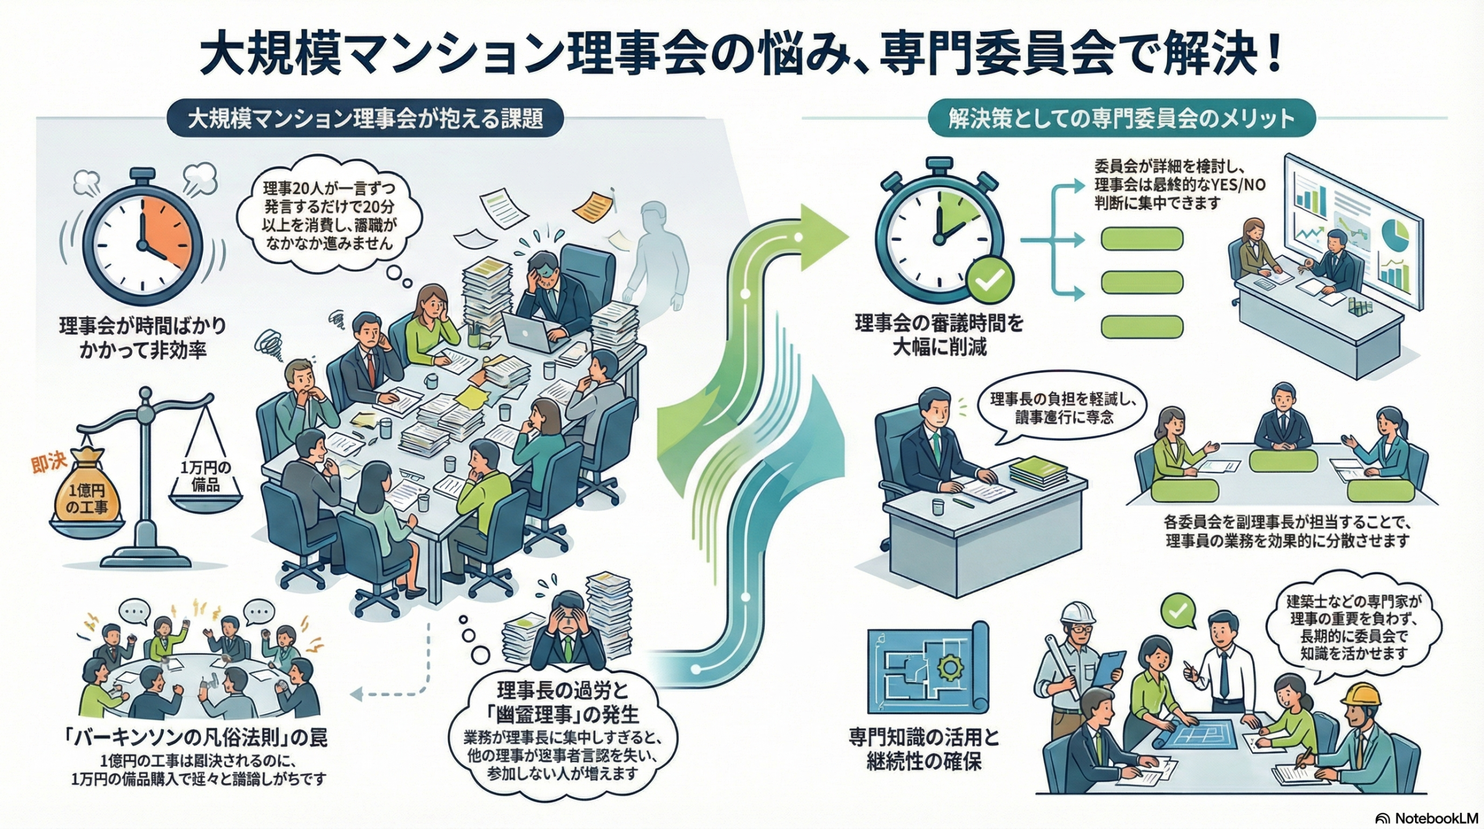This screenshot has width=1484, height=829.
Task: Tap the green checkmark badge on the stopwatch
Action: tap(991, 281)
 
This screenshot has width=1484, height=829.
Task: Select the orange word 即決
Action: tap(50, 463)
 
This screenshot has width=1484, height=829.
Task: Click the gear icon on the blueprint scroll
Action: tap(949, 667)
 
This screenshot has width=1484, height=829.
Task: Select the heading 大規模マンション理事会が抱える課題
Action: tap(365, 119)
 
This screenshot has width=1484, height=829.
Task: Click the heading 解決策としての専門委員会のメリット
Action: tap(1121, 119)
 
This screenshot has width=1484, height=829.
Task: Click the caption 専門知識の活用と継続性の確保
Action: tap(924, 749)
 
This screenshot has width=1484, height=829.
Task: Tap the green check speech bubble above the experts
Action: tap(1178, 611)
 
